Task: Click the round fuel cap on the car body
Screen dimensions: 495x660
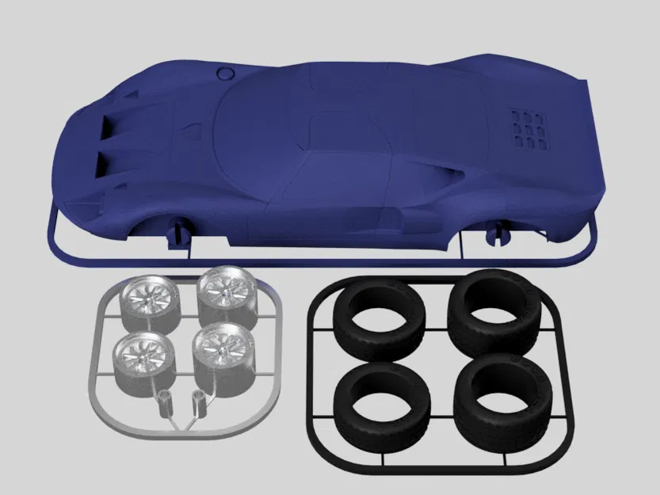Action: click(225, 73)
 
